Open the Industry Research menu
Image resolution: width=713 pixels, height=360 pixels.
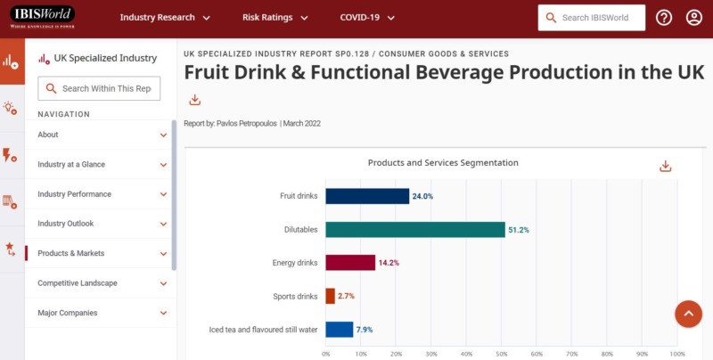(x=164, y=18)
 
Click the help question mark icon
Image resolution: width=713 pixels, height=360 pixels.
(x=664, y=18)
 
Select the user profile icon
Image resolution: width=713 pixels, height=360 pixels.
(x=694, y=18)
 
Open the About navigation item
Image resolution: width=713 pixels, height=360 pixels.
(x=102, y=135)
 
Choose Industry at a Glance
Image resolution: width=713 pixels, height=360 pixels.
(x=102, y=165)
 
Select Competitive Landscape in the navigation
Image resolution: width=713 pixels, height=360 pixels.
(x=102, y=283)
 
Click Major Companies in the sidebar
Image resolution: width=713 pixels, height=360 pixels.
(x=102, y=313)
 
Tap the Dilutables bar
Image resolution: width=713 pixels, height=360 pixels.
(x=414, y=230)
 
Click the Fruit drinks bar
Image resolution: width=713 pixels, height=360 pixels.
(x=366, y=196)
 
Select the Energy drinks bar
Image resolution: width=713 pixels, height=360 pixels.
(x=349, y=263)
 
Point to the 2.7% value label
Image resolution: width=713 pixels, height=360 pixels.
(x=346, y=296)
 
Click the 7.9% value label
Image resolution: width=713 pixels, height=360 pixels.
(x=365, y=330)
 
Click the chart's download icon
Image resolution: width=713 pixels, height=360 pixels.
(x=665, y=166)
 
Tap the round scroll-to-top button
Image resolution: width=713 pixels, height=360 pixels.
(x=689, y=314)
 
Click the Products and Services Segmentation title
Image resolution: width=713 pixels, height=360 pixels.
(x=443, y=163)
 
